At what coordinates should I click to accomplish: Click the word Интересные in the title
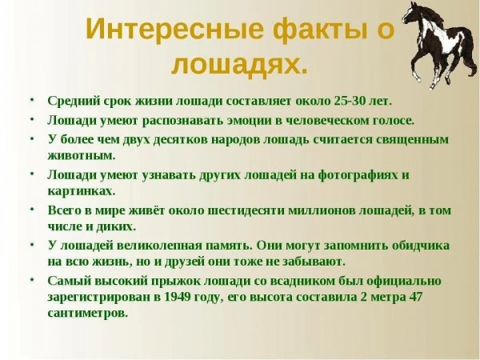pyautogui.click(x=159, y=30)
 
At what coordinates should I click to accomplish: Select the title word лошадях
pyautogui.click(x=240, y=65)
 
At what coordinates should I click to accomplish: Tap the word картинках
pyautogui.click(x=81, y=191)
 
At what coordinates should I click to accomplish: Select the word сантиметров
pyautogui.click(x=87, y=314)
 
